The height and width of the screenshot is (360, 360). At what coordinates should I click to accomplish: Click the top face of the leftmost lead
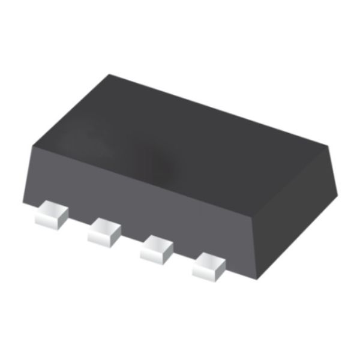point(51,211)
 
